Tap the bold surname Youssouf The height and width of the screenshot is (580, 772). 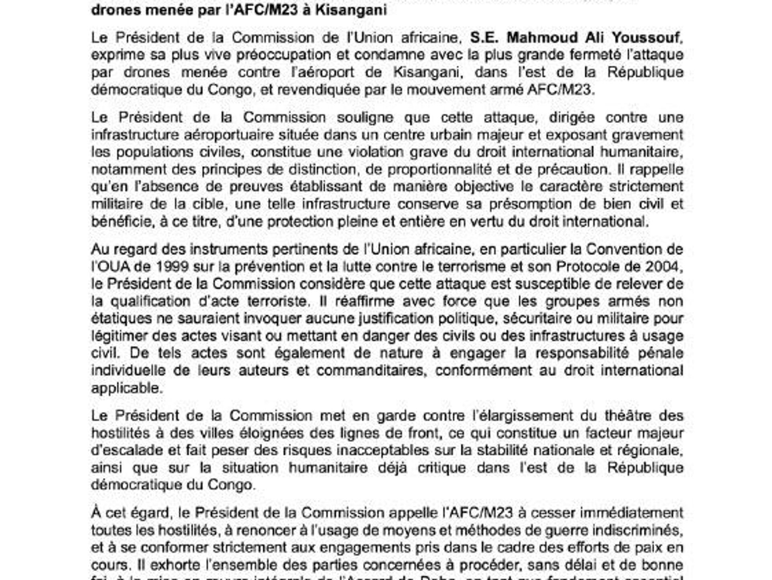pos(646,37)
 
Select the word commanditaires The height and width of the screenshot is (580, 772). pos(370,370)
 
